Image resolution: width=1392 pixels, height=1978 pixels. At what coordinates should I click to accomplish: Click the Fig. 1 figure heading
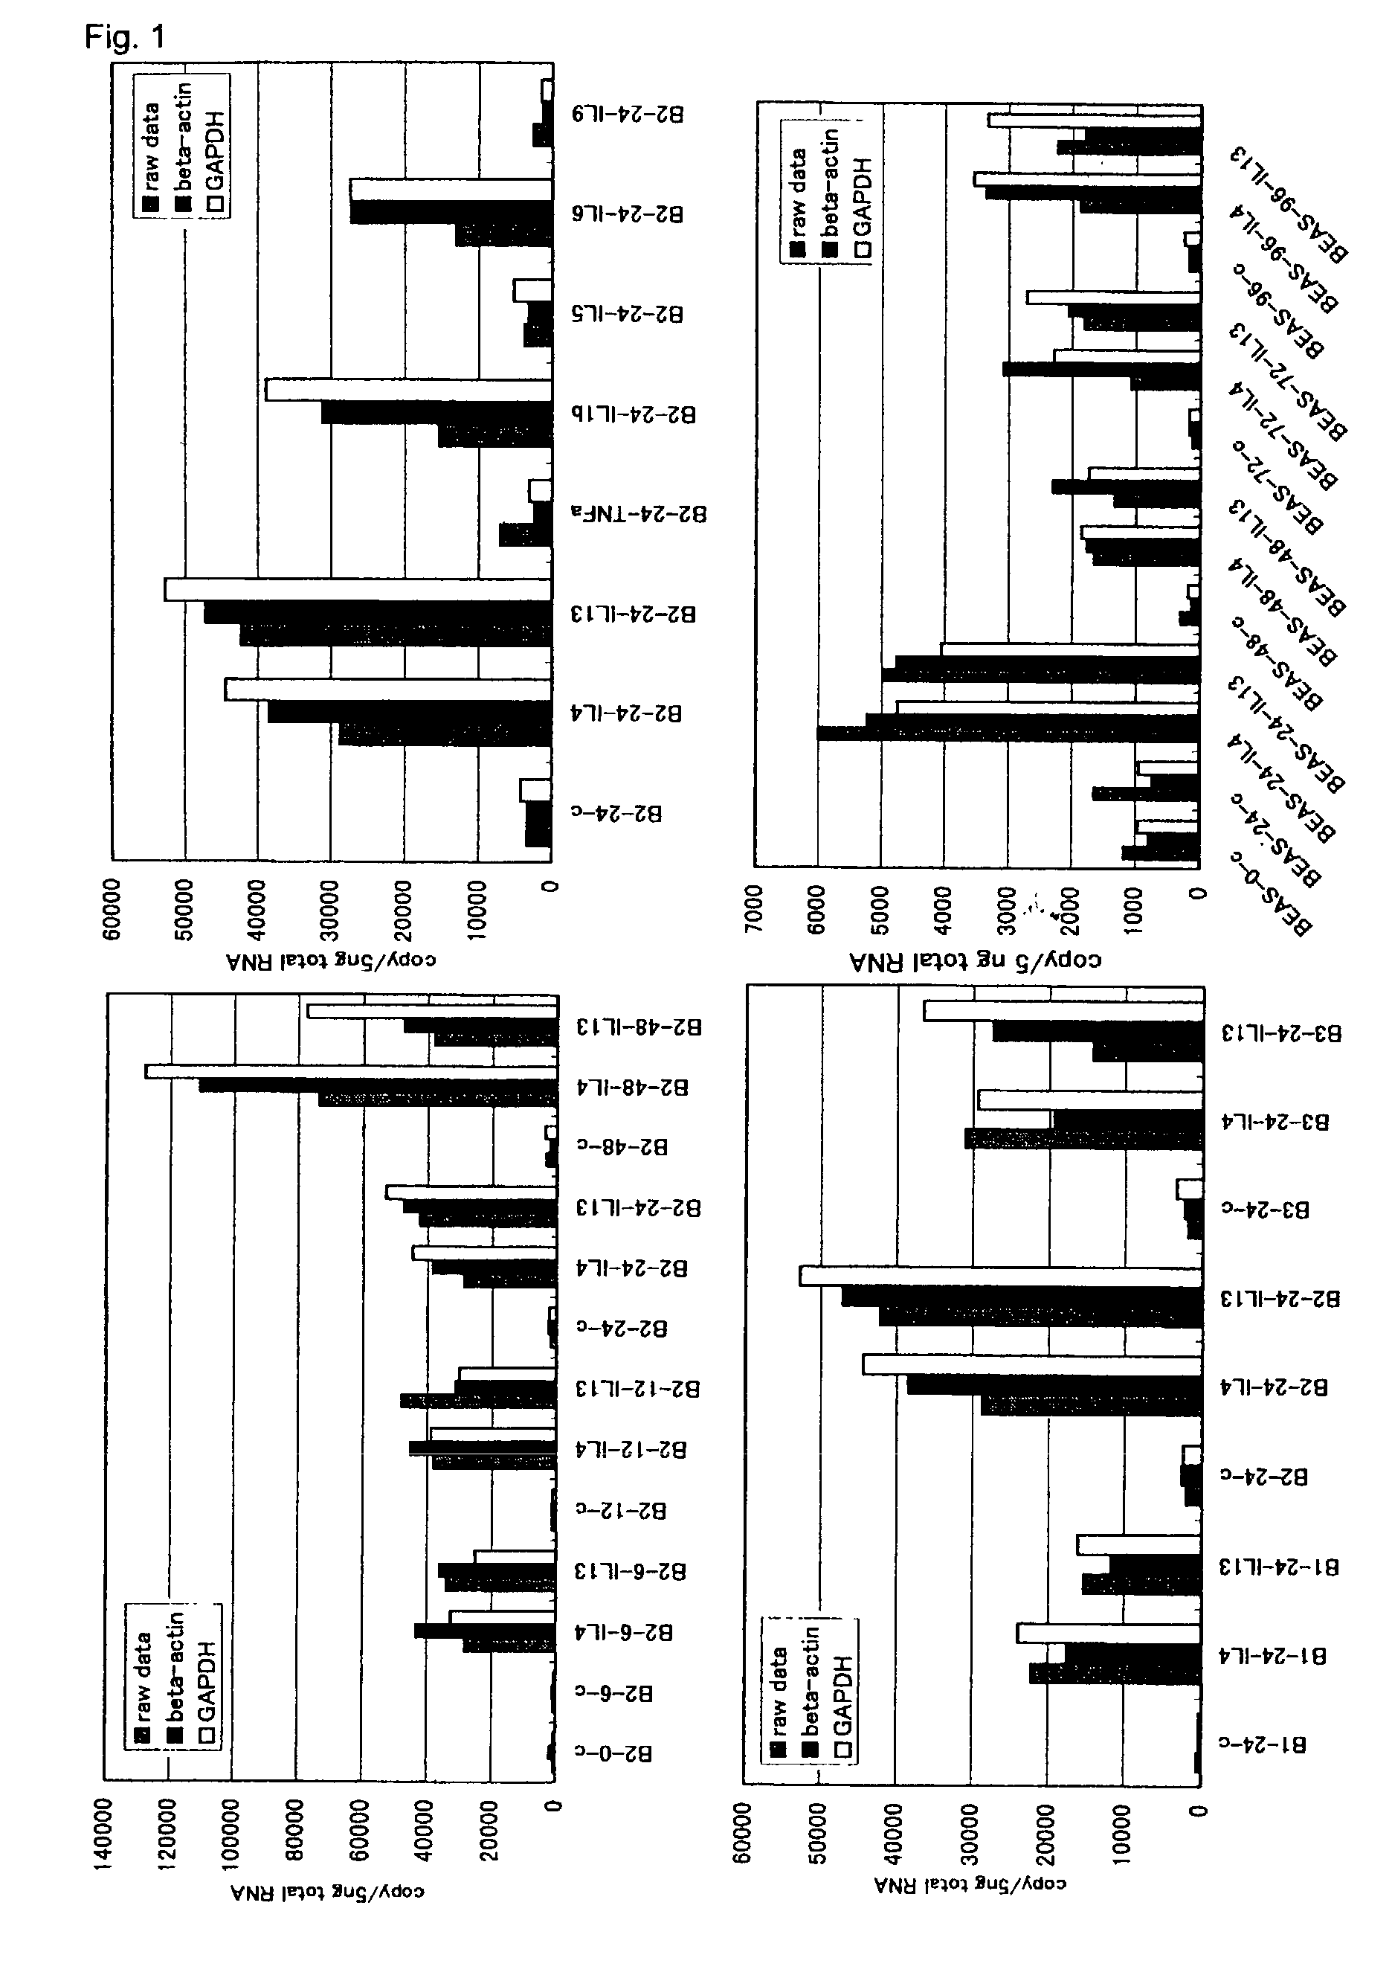124,36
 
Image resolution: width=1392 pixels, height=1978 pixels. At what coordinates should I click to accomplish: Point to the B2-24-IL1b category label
634,414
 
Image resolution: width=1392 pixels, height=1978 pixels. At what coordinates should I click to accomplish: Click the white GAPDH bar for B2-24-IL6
451,190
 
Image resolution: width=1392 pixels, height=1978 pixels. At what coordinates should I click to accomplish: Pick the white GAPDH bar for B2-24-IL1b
408,389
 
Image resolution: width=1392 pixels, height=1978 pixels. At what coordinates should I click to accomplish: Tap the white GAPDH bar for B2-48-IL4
350,1071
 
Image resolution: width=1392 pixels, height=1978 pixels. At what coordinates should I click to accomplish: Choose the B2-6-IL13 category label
631,1573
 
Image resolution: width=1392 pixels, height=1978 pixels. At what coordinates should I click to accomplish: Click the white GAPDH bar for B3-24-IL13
1063,1010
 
